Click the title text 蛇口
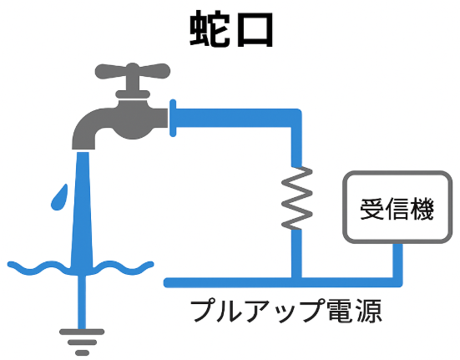point(231,28)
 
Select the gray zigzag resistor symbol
point(296,198)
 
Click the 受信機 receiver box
point(397,207)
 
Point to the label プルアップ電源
point(286,311)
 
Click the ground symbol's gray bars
point(82,342)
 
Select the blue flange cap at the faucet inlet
point(173,118)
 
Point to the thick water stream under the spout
point(83,211)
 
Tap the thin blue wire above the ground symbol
point(82,302)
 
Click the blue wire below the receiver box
point(398,262)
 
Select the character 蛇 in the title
point(210,28)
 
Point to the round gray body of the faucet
point(133,119)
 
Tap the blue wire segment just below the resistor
point(296,254)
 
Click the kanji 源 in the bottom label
point(370,311)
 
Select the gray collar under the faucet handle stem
point(133,94)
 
